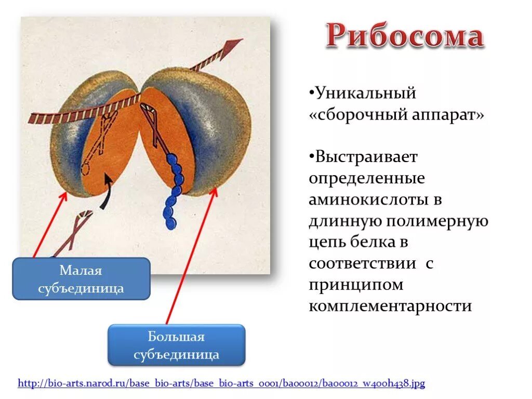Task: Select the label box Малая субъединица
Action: (x=81, y=278)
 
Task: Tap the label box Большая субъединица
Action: (x=177, y=345)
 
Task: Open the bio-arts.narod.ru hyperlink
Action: (x=221, y=383)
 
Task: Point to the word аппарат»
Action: (x=448, y=114)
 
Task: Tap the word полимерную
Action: (x=437, y=221)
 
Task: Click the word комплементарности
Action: (x=390, y=306)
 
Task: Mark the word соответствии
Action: (x=362, y=263)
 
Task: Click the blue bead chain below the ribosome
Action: (x=173, y=191)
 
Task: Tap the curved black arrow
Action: (x=107, y=192)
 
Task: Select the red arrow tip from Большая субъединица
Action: (x=215, y=189)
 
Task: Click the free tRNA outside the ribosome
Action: (x=73, y=233)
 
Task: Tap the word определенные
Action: (x=367, y=179)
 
